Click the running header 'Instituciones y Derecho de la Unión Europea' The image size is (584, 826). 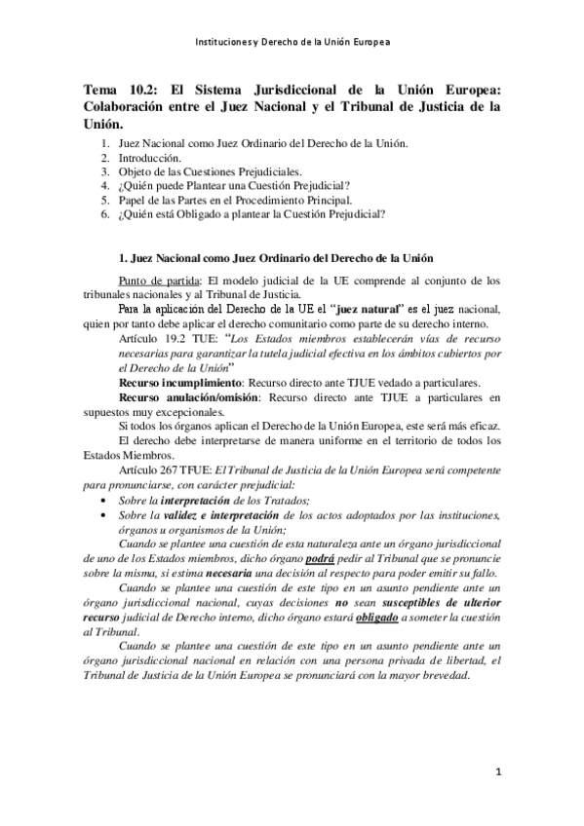click(292, 43)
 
